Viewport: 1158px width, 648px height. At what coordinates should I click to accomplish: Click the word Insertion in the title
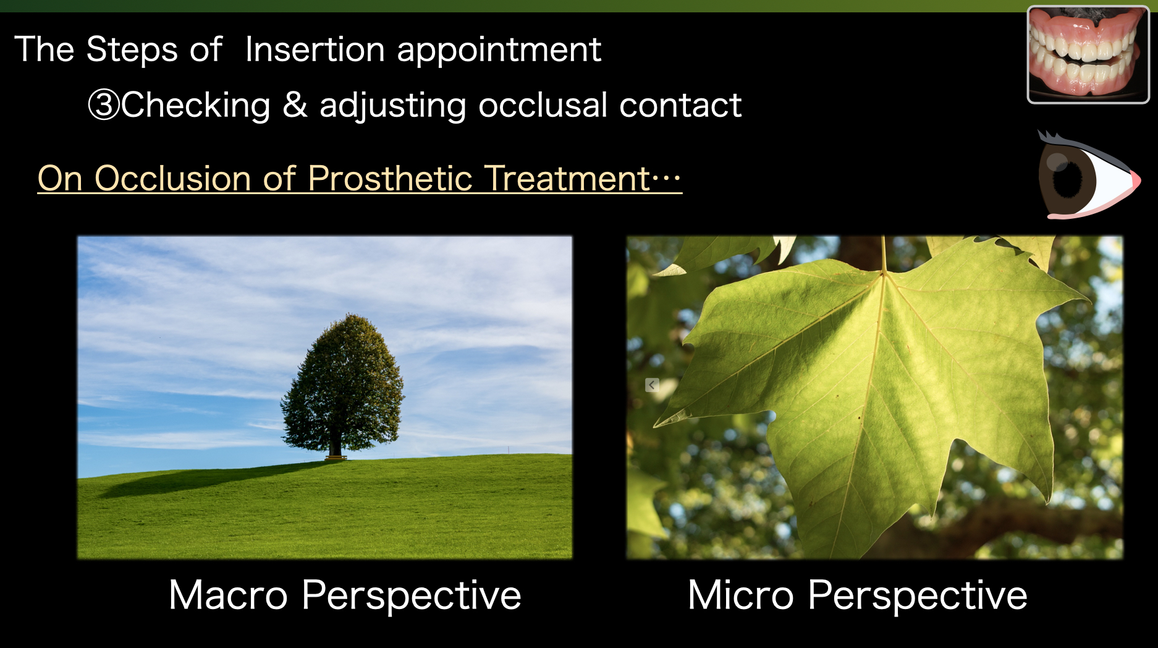[315, 49]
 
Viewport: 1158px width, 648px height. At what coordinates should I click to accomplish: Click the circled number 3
[103, 104]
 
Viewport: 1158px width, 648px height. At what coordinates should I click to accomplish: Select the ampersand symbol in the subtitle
[295, 104]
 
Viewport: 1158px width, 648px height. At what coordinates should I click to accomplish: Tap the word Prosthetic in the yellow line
[390, 179]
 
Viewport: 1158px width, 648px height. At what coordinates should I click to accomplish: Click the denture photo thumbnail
[1088, 54]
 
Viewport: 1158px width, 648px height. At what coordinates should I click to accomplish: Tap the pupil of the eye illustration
[1068, 179]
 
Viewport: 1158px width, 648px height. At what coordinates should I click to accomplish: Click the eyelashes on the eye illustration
[1050, 137]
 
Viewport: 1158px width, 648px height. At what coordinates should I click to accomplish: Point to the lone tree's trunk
[335, 445]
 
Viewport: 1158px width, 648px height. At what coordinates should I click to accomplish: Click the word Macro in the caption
[228, 595]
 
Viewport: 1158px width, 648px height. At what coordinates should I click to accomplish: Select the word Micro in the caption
[740, 595]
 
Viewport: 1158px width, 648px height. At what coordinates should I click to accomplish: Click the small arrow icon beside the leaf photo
[652, 385]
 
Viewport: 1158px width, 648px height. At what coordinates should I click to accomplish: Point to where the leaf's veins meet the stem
[884, 273]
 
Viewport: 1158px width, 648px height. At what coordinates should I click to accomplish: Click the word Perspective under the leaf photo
[917, 596]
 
